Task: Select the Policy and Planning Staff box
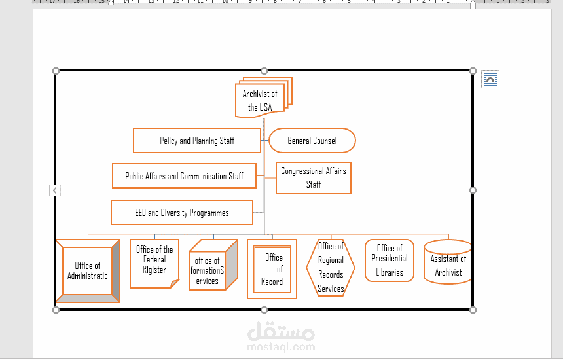(x=197, y=141)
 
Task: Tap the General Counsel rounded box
(x=312, y=141)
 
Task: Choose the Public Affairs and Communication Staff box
(x=184, y=176)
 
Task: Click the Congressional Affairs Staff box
(x=314, y=178)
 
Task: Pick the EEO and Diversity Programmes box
(x=182, y=213)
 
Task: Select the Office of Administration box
(x=88, y=271)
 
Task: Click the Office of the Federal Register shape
(x=154, y=263)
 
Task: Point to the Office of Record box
(x=272, y=270)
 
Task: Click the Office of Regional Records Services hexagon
(x=331, y=268)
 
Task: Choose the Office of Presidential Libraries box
(x=390, y=261)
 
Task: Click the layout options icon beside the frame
(x=490, y=80)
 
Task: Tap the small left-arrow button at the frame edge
(x=55, y=190)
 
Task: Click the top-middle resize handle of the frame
(x=264, y=71)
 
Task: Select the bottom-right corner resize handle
(x=473, y=309)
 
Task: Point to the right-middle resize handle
(x=473, y=190)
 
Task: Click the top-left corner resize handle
(x=56, y=71)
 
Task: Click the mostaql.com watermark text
(x=281, y=347)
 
